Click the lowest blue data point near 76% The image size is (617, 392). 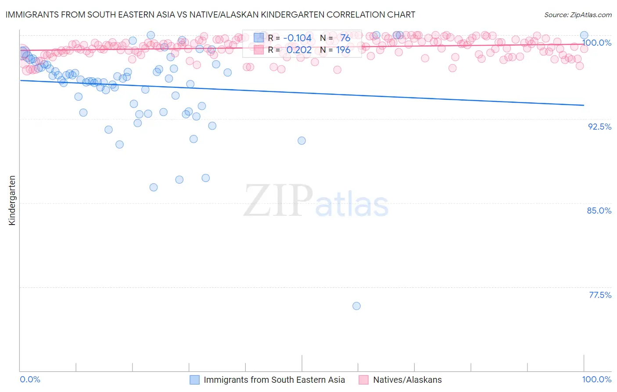[x=356, y=306]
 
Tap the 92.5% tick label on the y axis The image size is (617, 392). [x=599, y=127]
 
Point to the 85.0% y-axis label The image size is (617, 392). [x=599, y=211]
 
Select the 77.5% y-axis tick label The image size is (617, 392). [x=600, y=295]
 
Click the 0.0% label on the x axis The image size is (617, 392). [x=30, y=379]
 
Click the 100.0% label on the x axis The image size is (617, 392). [x=596, y=379]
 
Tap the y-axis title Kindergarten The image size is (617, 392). [x=12, y=200]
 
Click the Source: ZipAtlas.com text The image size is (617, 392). [x=578, y=15]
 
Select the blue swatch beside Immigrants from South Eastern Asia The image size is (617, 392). [x=194, y=380]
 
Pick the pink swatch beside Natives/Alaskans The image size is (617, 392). [x=363, y=380]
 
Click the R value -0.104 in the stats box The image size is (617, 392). [x=297, y=38]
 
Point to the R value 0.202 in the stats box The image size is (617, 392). [x=299, y=50]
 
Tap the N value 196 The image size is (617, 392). [x=343, y=50]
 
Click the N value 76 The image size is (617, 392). [x=345, y=38]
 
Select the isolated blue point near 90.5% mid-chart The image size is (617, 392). [x=301, y=141]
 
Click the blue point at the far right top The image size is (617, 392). [x=584, y=35]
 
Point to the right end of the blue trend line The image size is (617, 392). [x=584, y=105]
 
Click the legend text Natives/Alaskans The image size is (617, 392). [x=407, y=380]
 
